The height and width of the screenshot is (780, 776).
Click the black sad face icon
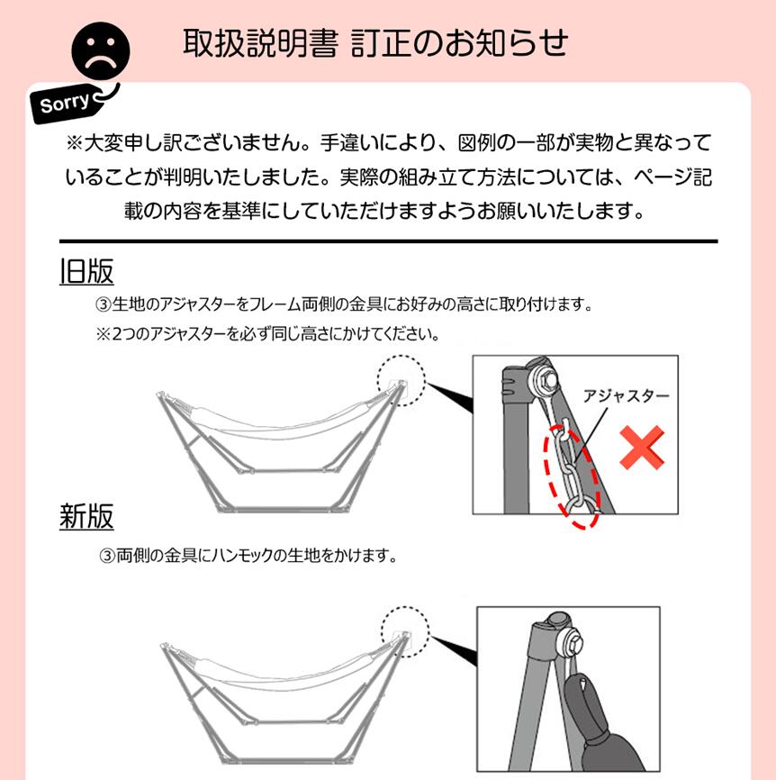101,50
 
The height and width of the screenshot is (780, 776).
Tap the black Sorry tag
65,104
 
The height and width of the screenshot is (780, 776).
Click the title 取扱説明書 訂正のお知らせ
375,42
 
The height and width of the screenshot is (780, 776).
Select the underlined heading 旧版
86,271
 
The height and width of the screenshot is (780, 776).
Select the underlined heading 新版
86,516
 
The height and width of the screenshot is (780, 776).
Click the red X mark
642,448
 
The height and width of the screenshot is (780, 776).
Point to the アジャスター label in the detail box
626,396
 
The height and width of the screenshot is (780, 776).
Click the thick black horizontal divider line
388,241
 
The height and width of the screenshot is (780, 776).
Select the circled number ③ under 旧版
103,304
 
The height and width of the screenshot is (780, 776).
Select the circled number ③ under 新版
107,556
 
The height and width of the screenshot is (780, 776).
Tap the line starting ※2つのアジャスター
268,334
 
